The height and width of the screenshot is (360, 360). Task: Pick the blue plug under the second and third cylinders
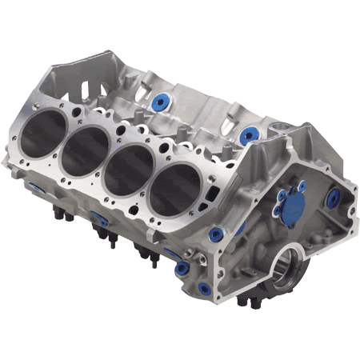[100, 219]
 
